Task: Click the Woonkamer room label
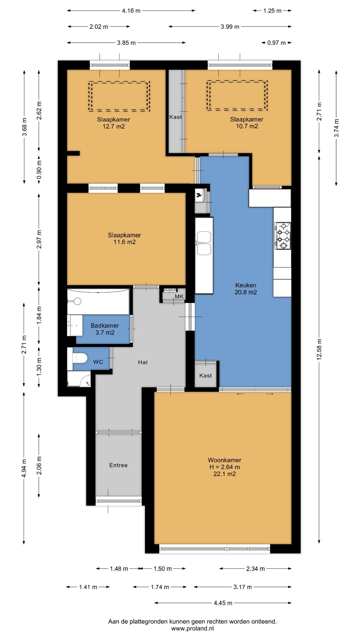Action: click(224, 460)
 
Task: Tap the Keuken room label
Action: click(246, 285)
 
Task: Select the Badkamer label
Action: click(105, 326)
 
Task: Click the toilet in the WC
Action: click(80, 358)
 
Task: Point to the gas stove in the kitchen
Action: click(283, 236)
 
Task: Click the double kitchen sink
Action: click(204, 244)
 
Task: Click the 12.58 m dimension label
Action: click(319, 349)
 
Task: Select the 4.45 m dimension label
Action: click(223, 603)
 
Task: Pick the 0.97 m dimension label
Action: click(276, 43)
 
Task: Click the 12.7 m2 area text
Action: click(114, 126)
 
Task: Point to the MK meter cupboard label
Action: click(179, 296)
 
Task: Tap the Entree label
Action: click(118, 465)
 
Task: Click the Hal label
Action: click(143, 362)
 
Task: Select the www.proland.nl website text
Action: click(192, 629)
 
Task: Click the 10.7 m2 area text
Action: click(247, 126)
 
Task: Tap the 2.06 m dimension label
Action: click(39, 466)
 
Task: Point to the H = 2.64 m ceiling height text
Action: click(224, 467)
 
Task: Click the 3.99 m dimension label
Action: click(230, 27)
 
